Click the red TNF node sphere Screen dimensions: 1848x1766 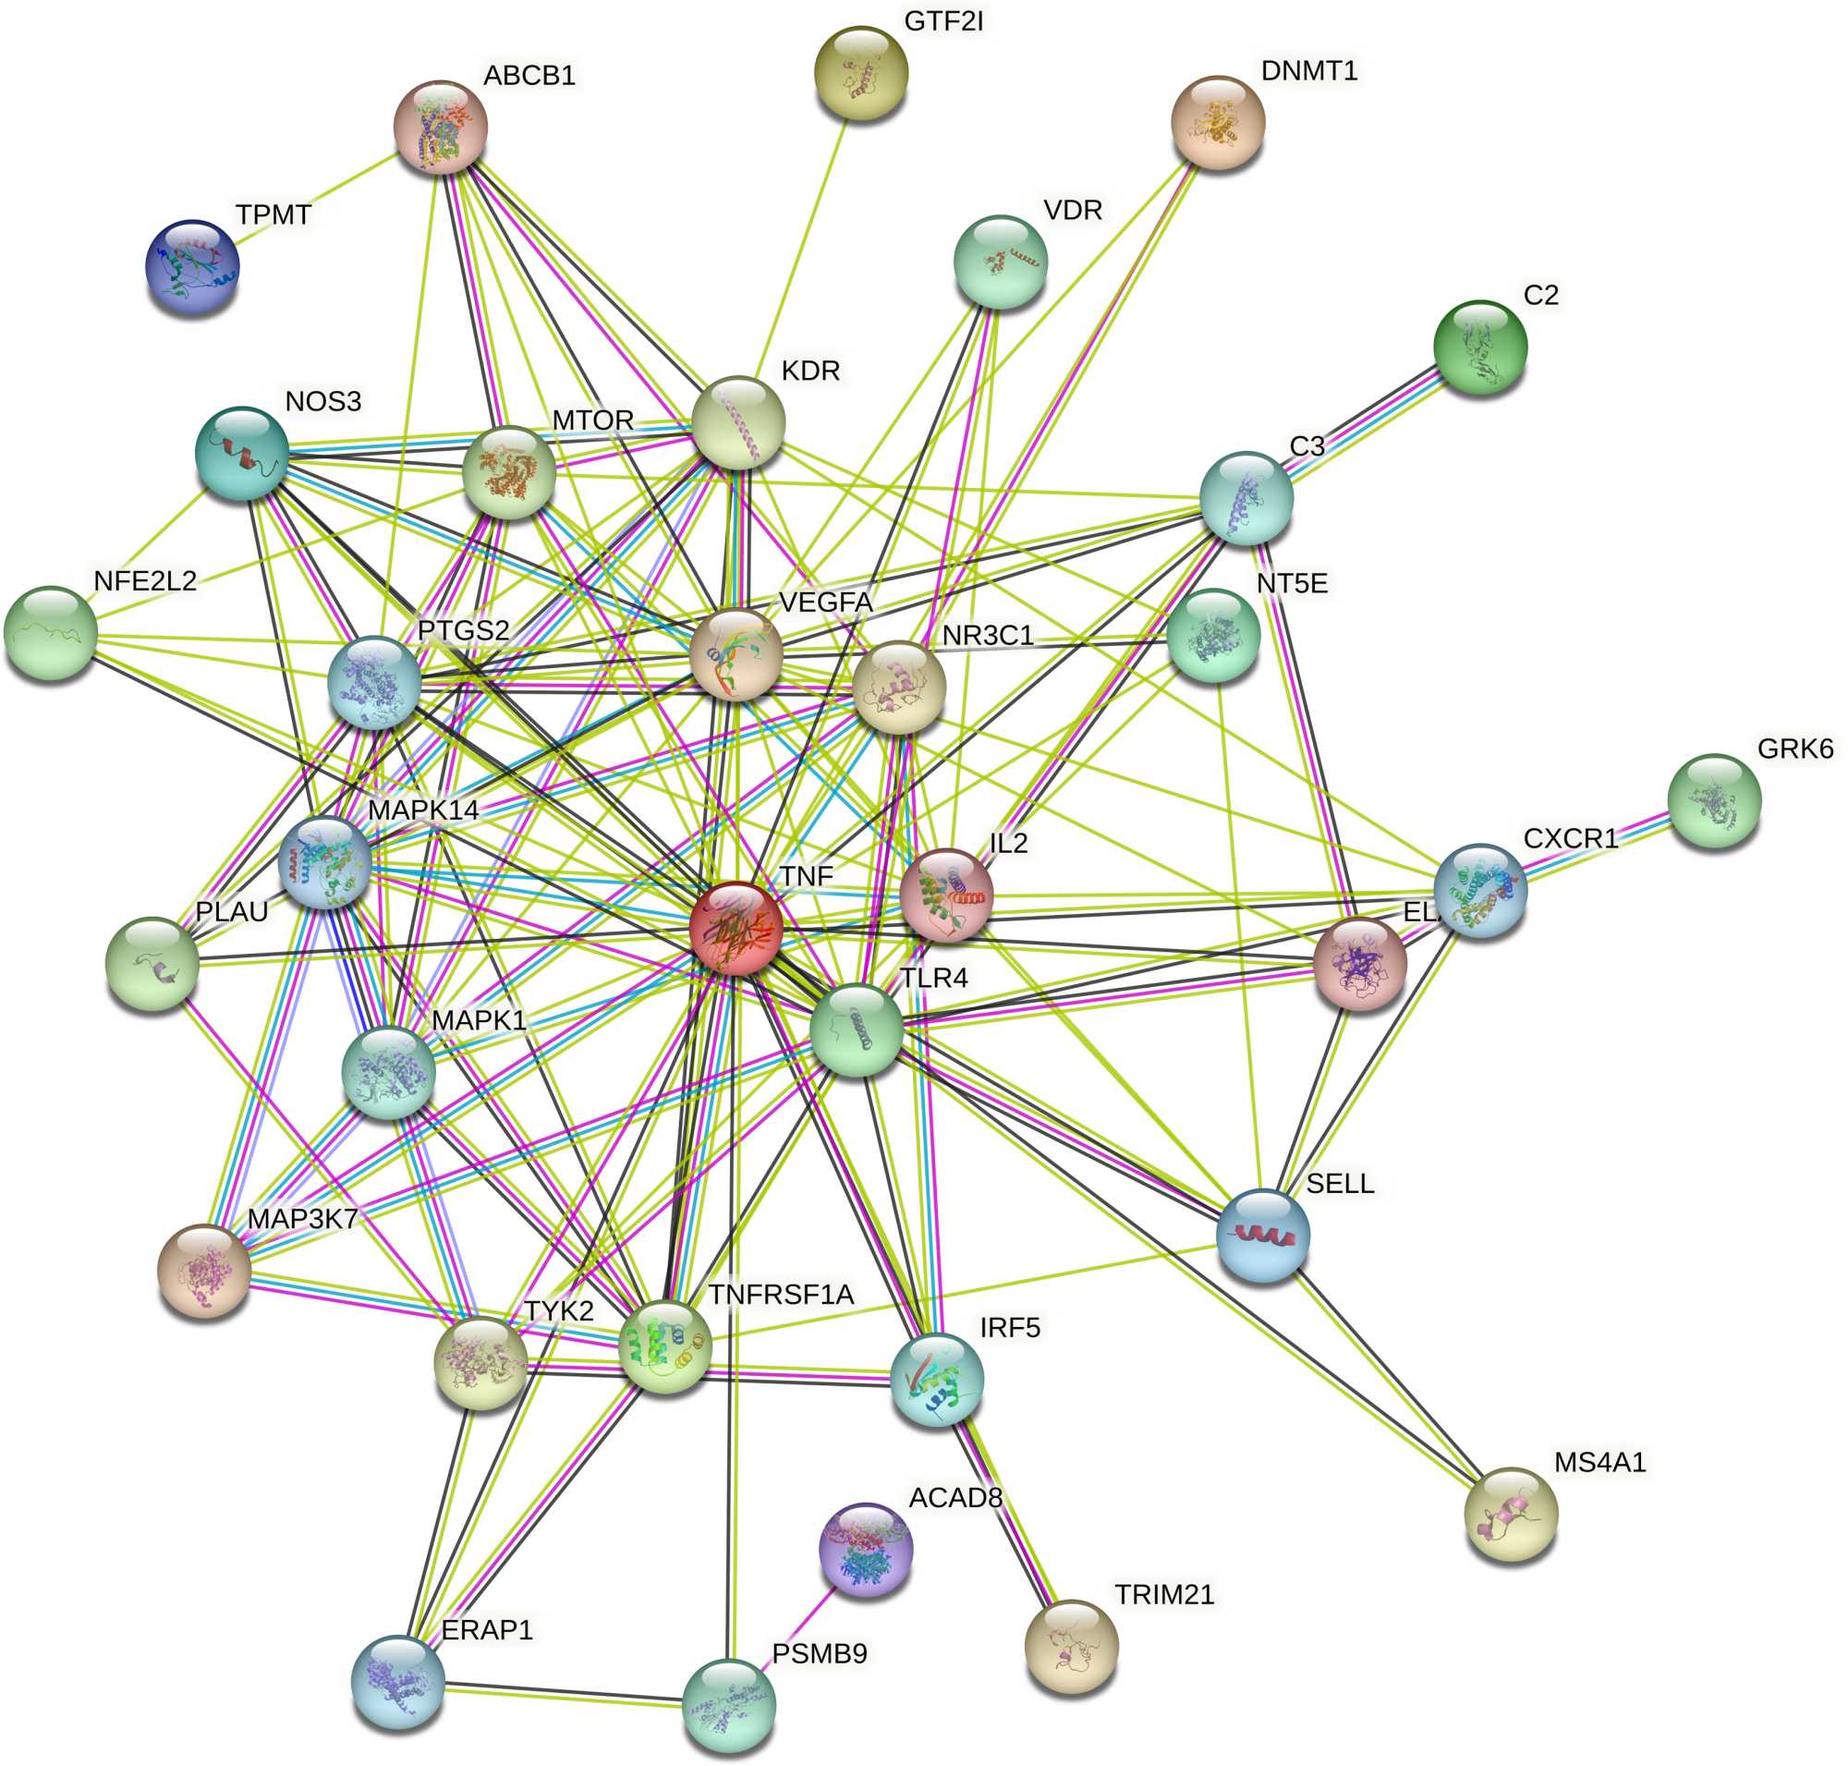click(x=736, y=928)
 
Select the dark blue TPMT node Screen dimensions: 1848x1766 click(x=192, y=267)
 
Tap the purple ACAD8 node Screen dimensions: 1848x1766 click(x=865, y=1549)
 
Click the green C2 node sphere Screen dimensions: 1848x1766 click(x=1479, y=347)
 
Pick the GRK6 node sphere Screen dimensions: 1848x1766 click(x=1712, y=800)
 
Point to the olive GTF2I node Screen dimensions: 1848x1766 click(x=860, y=72)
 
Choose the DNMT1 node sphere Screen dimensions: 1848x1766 click(x=1217, y=122)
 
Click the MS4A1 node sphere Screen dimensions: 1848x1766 click(x=1510, y=1513)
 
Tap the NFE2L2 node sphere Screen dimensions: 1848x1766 click(x=51, y=632)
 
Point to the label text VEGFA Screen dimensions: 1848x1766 click(x=826, y=603)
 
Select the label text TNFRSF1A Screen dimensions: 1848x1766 click(x=781, y=1295)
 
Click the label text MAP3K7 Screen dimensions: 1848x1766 click(x=302, y=1219)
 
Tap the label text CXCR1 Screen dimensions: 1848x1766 click(x=1569, y=838)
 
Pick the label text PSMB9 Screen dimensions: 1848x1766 click(x=819, y=1654)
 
